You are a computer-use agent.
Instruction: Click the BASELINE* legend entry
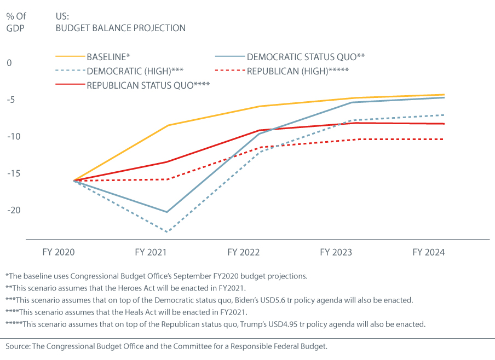(108, 56)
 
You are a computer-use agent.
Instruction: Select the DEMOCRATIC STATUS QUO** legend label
(306, 56)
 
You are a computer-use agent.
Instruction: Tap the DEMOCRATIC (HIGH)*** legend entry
(135, 71)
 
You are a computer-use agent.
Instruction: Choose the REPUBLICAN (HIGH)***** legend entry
(298, 71)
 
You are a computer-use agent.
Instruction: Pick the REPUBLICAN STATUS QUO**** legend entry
(148, 85)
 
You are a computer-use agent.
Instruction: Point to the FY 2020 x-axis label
(58, 253)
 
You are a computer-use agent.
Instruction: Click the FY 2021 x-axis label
(151, 253)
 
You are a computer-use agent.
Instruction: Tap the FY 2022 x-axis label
(244, 253)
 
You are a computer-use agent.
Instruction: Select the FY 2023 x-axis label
(336, 253)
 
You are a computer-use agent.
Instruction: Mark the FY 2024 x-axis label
(429, 253)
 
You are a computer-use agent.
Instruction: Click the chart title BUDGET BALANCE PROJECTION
(120, 28)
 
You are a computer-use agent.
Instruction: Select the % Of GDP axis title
(16, 21)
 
